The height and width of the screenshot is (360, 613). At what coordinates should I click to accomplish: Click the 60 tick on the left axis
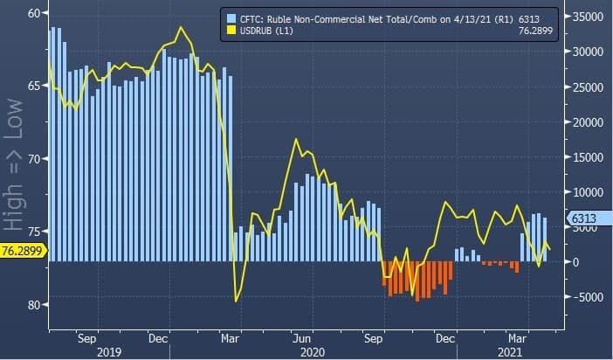coord(34,13)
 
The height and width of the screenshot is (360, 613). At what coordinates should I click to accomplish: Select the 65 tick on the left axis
coord(34,86)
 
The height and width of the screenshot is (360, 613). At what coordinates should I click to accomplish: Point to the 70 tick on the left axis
coord(34,159)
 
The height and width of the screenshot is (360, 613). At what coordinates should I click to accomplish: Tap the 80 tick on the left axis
coord(34,305)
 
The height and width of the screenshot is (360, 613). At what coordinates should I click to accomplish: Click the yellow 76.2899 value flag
coord(22,251)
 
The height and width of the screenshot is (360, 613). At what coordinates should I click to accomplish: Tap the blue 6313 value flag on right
coord(582,218)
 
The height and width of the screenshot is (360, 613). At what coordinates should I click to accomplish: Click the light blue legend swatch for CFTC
coord(231,18)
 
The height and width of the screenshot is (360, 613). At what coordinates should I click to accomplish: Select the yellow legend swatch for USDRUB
coord(231,31)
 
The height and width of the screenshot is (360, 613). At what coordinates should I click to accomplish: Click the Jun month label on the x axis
coord(301,336)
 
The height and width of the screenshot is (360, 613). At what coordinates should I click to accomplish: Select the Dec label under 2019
coord(158,336)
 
